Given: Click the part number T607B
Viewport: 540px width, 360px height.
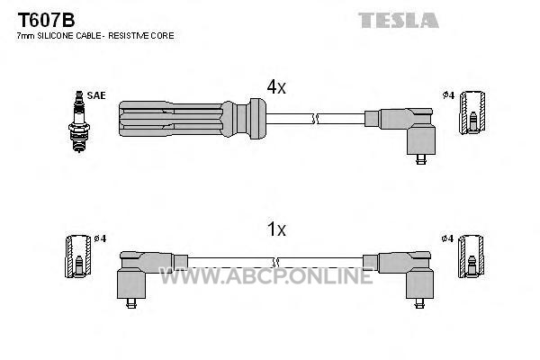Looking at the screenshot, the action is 46,20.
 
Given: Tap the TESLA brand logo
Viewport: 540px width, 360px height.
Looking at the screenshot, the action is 399,20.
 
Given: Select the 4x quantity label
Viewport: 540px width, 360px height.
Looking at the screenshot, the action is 276,87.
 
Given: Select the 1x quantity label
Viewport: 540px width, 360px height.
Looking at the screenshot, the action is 276,229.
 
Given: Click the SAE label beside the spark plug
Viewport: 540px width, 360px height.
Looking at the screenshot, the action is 96,95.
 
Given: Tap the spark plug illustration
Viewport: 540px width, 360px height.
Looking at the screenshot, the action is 79,121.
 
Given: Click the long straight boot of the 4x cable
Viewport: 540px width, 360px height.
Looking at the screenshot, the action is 193,119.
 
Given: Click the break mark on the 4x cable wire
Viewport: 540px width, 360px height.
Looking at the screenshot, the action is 315,119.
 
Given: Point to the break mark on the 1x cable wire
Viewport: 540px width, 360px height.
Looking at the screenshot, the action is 275,263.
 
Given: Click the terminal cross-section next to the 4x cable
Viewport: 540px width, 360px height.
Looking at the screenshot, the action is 472,112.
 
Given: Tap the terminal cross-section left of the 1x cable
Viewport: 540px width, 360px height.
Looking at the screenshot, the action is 78,256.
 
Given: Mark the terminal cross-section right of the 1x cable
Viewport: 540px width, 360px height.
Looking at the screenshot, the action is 471,256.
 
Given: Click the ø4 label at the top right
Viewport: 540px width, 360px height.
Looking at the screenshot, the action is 449,95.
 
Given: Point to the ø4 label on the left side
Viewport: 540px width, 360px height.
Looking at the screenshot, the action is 100,238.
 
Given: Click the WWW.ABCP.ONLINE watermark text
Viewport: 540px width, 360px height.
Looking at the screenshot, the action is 266,276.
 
